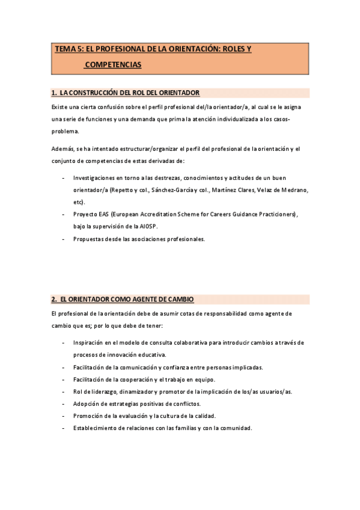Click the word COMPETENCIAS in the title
coord(113,64)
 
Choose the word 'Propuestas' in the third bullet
coord(90,239)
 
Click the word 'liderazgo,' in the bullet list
coord(102,391)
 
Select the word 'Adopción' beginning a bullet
coord(87,403)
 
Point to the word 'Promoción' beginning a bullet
coord(89,416)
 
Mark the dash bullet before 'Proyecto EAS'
coord(64,214)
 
